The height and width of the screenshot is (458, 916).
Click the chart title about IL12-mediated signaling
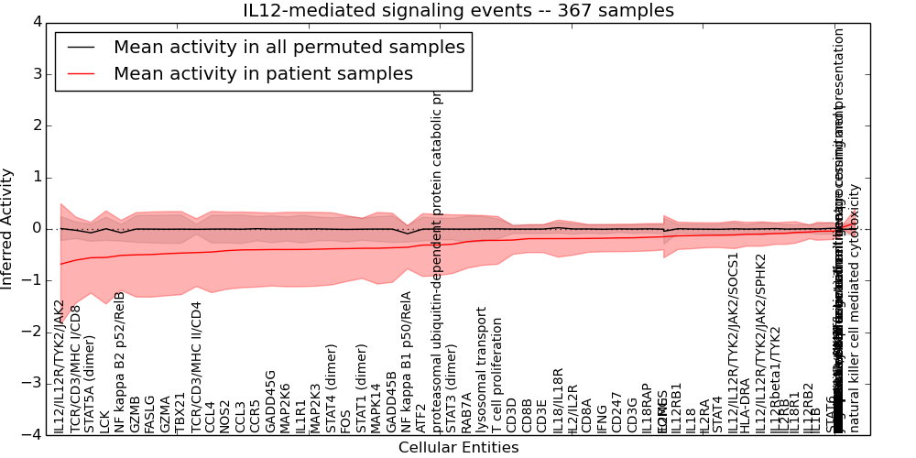(x=458, y=11)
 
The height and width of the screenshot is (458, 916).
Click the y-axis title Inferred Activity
(x=8, y=228)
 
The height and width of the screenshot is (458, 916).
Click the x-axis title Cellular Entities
(x=458, y=448)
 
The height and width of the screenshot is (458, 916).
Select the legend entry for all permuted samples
(x=289, y=48)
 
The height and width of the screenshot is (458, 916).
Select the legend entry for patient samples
(x=263, y=73)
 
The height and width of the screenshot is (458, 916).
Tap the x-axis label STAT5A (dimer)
(x=90, y=384)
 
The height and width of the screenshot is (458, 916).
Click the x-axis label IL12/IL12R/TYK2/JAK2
(x=60, y=365)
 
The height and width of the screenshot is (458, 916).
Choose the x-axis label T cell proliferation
(x=497, y=376)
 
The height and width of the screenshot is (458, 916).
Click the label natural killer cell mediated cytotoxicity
(x=855, y=308)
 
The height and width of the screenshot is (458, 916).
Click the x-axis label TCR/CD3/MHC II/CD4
(x=195, y=366)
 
